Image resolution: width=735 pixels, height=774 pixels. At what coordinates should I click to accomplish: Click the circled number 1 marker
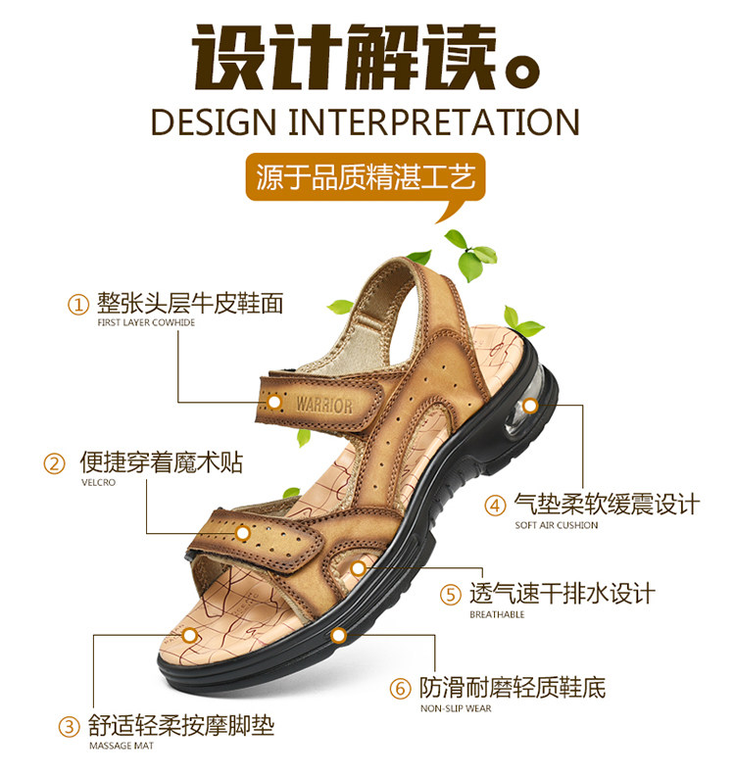tap(78, 304)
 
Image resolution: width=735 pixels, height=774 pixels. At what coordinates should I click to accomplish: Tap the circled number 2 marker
tap(55, 463)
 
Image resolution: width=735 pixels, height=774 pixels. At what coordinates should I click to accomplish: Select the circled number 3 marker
tap(70, 727)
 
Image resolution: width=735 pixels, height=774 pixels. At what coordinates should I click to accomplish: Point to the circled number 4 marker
tap(497, 506)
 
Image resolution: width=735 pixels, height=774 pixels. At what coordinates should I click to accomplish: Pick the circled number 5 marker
tap(451, 595)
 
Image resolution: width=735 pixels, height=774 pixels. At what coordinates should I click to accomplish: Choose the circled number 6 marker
tap(400, 688)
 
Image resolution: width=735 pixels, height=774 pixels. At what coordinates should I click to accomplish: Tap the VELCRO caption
tap(98, 482)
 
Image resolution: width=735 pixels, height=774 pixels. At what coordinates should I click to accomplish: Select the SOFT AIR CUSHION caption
tap(556, 525)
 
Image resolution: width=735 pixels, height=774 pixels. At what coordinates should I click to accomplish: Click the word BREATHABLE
tap(497, 614)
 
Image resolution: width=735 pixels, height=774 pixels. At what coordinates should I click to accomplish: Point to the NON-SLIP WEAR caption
tap(456, 707)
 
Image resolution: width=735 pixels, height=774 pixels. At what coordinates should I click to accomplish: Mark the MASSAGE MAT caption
tap(122, 747)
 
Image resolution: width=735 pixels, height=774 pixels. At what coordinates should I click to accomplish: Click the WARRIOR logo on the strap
tap(323, 404)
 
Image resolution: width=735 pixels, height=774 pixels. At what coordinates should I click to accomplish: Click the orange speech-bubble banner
tap(367, 180)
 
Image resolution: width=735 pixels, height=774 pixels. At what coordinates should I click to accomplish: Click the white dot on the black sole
tap(339, 636)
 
